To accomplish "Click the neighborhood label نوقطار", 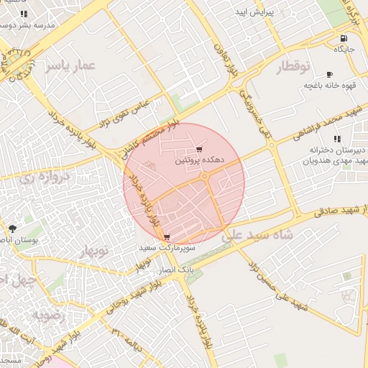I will point(293,68).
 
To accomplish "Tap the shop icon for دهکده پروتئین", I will point(199,149).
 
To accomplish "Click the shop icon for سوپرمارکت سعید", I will point(167,236).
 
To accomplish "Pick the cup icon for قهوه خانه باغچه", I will point(329,74).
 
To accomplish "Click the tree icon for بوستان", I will point(13,228).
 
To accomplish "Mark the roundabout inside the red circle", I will point(205,175).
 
